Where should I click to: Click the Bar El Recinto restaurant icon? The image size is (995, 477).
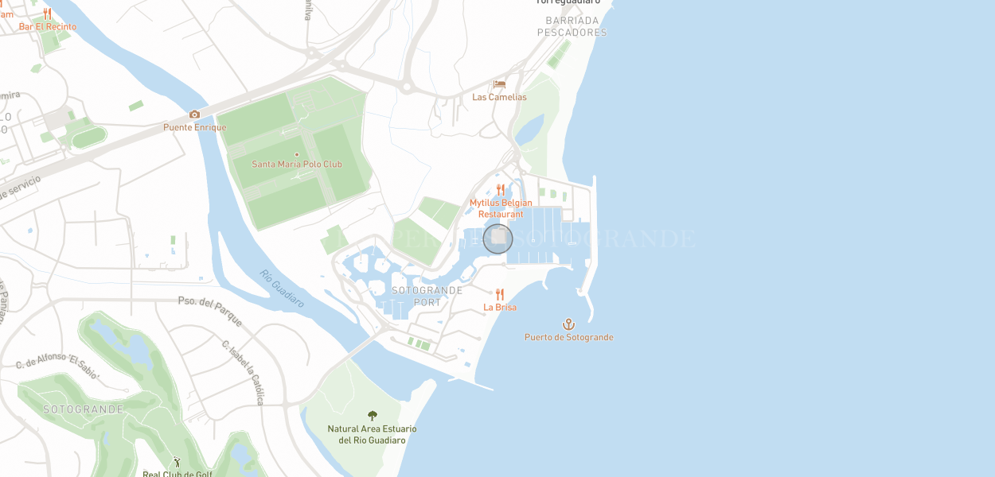48,14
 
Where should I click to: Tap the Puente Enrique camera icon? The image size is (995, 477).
195,114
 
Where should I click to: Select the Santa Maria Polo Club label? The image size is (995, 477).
297,165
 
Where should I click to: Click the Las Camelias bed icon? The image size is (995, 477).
499,84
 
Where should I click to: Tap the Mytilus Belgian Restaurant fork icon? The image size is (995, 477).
501,189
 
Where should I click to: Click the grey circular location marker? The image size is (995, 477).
498,238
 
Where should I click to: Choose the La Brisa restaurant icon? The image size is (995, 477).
500,294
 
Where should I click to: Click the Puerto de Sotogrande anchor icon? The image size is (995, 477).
568,324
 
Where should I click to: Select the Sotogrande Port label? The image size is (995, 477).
427,296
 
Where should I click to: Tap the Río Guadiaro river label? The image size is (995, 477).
282,289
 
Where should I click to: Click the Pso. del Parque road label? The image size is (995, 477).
209,306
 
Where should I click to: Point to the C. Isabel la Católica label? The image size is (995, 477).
243,372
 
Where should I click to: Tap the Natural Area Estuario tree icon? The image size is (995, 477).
372,416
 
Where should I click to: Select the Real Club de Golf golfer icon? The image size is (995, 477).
178,462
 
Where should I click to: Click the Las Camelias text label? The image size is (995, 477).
499,97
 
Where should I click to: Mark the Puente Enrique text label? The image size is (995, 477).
195,127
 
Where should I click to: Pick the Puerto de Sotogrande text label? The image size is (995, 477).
568,337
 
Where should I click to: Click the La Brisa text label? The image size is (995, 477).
500,308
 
